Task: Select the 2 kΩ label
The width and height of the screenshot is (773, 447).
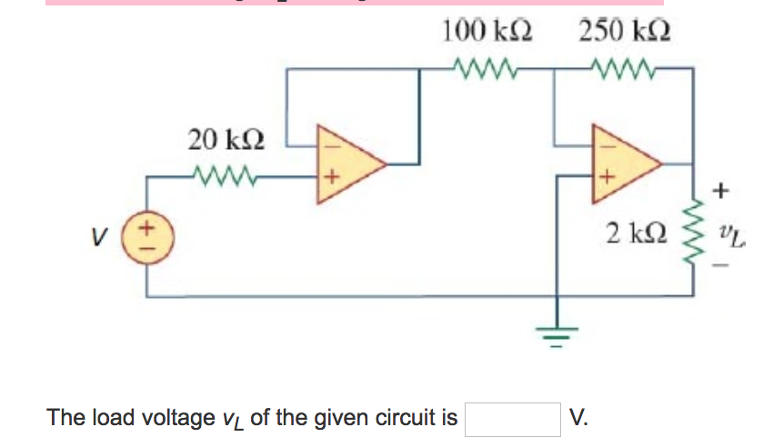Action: (637, 232)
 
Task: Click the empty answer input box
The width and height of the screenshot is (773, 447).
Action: (513, 419)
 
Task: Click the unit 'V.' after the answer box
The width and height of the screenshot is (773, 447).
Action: (578, 418)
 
